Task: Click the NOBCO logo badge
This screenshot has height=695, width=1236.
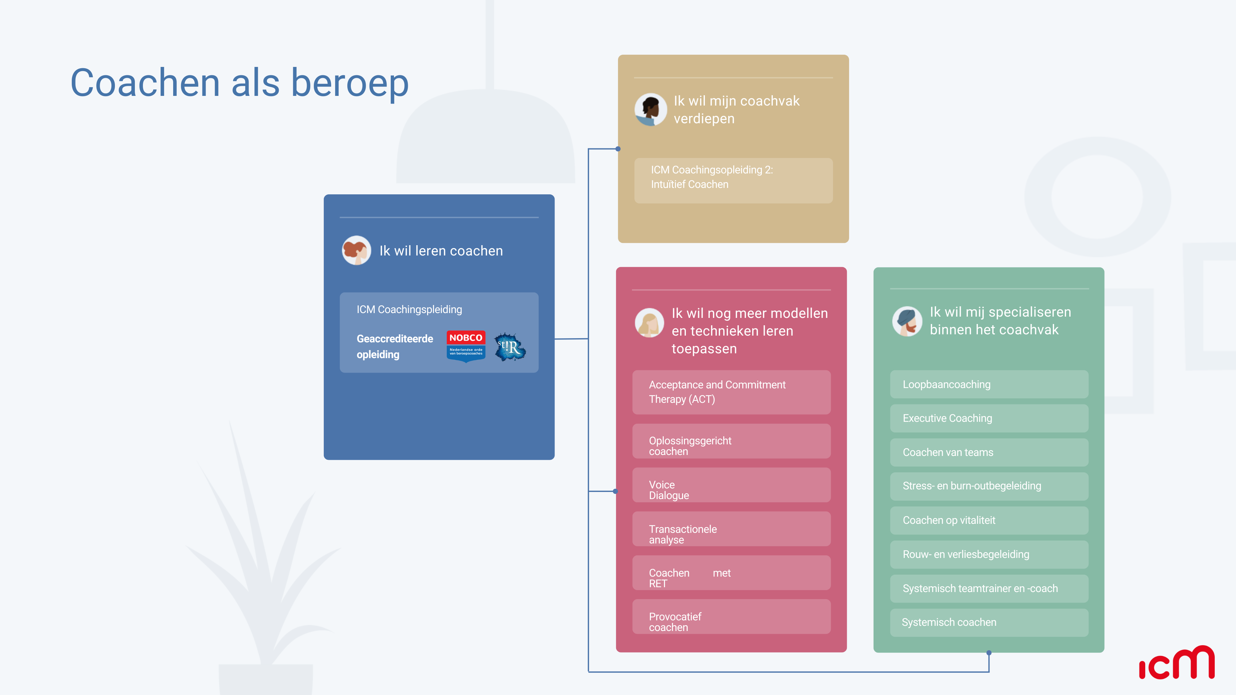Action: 465,346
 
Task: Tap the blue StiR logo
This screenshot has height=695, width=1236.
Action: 510,346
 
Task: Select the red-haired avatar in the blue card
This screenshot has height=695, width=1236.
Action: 356,250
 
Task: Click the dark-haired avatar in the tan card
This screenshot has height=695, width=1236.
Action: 650,110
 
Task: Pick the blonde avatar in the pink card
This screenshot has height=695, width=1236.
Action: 649,323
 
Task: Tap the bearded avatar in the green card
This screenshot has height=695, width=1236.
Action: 907,321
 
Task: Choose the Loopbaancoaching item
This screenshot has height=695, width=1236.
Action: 989,384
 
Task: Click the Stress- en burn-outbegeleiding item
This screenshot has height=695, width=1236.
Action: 989,486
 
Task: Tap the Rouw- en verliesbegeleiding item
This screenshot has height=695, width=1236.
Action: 989,554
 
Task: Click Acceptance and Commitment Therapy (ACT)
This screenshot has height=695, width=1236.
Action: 731,392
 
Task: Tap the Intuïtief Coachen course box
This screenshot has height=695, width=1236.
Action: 733,180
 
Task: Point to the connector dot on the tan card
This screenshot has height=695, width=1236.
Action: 618,149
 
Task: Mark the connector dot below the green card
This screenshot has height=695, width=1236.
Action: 989,653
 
